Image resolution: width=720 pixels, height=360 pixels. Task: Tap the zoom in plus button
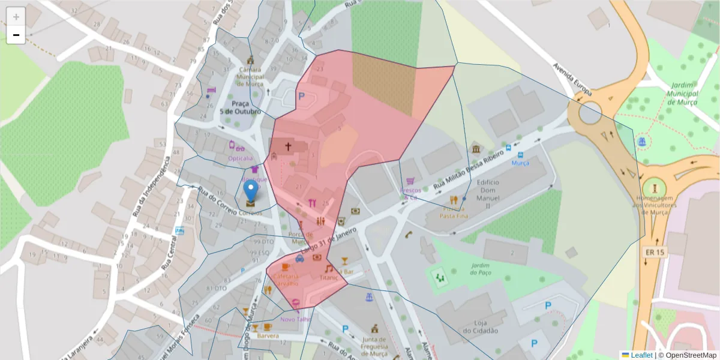(16, 16)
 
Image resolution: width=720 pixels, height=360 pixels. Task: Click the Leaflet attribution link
(641, 355)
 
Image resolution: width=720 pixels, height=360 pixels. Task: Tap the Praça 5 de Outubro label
(240, 107)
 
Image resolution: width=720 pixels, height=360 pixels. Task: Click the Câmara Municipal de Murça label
(250, 76)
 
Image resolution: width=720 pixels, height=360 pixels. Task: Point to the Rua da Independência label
(151, 186)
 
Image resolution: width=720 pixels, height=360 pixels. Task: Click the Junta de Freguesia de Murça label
(374, 346)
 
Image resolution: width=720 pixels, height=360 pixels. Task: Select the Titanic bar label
(329, 278)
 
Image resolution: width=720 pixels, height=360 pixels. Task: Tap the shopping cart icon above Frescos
(410, 181)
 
